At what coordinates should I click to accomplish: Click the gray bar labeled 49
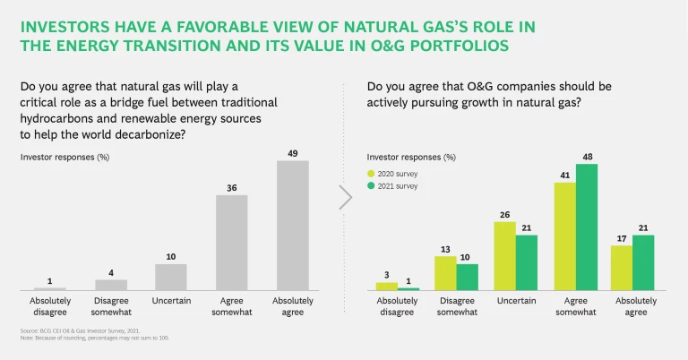[x=292, y=225]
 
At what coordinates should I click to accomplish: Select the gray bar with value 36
[x=231, y=242]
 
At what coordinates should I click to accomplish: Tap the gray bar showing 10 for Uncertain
[x=171, y=277]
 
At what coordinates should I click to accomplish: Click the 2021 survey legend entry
[x=395, y=186]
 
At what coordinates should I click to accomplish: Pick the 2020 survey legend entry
[x=395, y=174]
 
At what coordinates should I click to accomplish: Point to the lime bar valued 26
[x=504, y=255]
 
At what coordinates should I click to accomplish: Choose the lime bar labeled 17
[x=622, y=267]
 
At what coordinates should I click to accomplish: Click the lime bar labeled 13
[x=445, y=273]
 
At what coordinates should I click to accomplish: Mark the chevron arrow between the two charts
[x=345, y=197]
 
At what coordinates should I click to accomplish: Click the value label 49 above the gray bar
[x=292, y=153]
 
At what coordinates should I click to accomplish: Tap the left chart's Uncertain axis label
[x=171, y=301]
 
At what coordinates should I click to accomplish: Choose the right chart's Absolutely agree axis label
[x=632, y=306]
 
